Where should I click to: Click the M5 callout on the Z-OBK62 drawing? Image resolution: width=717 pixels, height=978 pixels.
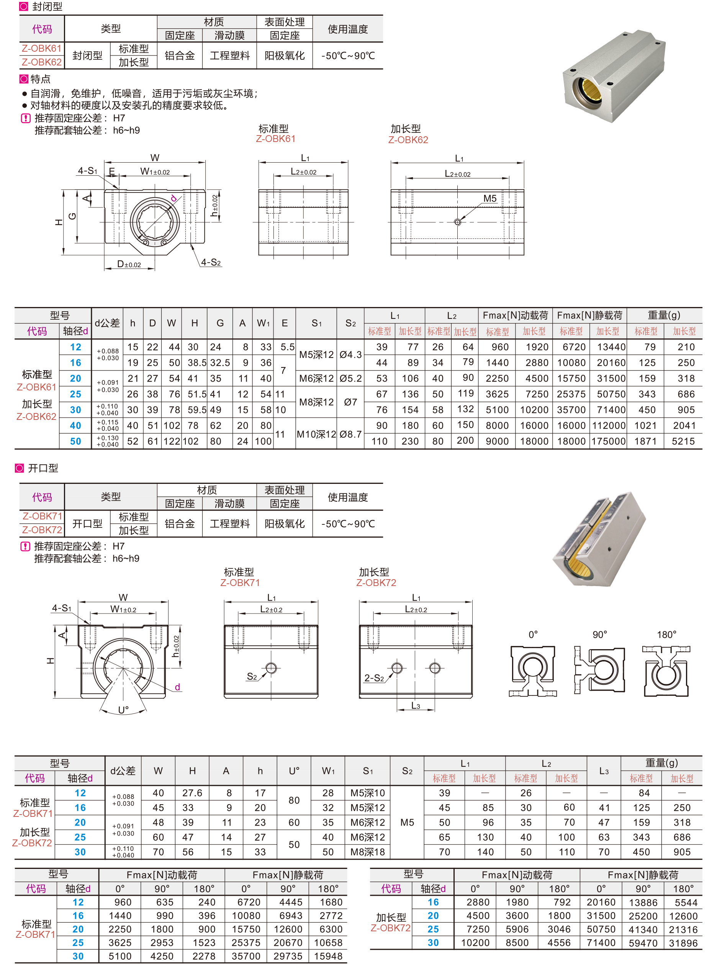pyautogui.click(x=489, y=198)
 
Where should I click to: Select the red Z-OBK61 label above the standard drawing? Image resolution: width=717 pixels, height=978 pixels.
pyautogui.click(x=276, y=139)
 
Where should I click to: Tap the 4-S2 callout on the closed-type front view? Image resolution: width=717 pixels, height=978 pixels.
pyautogui.click(x=211, y=262)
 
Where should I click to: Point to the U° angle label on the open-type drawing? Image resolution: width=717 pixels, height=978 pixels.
pyautogui.click(x=123, y=710)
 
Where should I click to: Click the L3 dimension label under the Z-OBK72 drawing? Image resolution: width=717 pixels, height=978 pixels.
pyautogui.click(x=415, y=705)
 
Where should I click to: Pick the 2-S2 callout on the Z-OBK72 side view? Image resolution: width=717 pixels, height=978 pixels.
pyautogui.click(x=374, y=678)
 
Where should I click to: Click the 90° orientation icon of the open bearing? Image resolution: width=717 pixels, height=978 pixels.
pyautogui.click(x=599, y=670)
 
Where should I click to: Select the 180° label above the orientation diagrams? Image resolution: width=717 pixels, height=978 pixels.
pyautogui.click(x=666, y=635)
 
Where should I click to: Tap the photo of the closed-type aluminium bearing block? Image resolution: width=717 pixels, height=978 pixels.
pyautogui.click(x=614, y=76)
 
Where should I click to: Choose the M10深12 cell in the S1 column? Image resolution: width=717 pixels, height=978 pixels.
pyautogui.click(x=316, y=434)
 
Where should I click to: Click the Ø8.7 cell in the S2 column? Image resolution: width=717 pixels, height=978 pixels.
pyautogui.click(x=351, y=434)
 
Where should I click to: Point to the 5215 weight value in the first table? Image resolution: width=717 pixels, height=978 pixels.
pyautogui.click(x=683, y=441)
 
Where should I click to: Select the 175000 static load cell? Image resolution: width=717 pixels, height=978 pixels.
pyautogui.click(x=609, y=441)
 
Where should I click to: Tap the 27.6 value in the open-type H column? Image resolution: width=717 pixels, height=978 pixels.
pyautogui.click(x=192, y=793)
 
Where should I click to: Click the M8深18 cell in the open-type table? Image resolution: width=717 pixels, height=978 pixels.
pyautogui.click(x=368, y=852)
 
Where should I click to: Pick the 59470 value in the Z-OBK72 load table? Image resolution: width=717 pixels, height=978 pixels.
pyautogui.click(x=643, y=942)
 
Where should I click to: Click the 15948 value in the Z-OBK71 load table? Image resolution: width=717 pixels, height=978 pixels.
pyautogui.click(x=328, y=956)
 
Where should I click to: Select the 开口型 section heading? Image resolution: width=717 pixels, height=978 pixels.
pyautogui.click(x=43, y=468)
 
